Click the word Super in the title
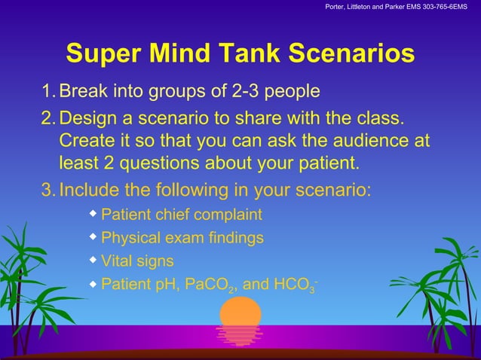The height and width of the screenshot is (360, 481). (105, 53)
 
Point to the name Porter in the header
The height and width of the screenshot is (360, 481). (335, 8)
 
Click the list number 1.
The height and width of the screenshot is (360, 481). (47, 92)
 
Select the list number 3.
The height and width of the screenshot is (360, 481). (47, 188)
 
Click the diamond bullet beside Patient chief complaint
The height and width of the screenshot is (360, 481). (93, 214)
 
